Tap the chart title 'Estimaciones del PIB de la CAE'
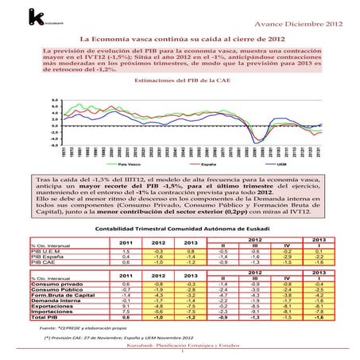180,81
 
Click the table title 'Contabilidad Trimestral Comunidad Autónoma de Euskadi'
180,227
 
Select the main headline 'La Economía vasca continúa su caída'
180,38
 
